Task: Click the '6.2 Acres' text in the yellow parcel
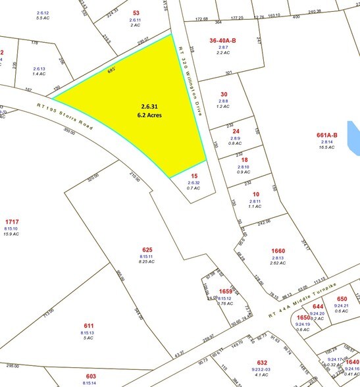click(150, 115)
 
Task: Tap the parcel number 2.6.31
click(150, 106)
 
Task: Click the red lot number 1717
click(12, 221)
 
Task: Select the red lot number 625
click(147, 249)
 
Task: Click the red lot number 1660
click(278, 251)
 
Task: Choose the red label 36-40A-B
click(222, 40)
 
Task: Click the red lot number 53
click(136, 13)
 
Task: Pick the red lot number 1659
click(226, 292)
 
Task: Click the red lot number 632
click(262, 362)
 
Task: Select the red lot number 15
click(193, 176)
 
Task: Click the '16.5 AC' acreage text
click(326, 147)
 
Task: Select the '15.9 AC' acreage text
click(12, 235)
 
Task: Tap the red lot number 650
click(341, 298)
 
